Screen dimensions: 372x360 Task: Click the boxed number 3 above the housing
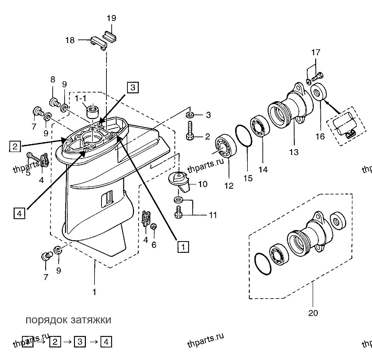click(133, 87)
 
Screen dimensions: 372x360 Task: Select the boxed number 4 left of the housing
click(20, 213)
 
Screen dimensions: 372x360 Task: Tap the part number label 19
click(111, 18)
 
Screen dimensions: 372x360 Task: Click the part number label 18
click(70, 40)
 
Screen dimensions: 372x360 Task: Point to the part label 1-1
click(81, 98)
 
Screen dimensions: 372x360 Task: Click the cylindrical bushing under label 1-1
click(93, 112)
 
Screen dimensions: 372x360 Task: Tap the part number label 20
click(313, 313)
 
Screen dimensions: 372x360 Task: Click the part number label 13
click(294, 152)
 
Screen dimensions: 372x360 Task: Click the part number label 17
click(316, 52)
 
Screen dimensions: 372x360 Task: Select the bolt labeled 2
click(189, 131)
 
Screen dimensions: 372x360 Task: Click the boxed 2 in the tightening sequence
click(55, 342)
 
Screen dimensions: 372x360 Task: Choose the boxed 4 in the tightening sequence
click(106, 342)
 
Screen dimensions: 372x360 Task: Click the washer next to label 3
click(189, 115)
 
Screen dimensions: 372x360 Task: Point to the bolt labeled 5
click(33, 157)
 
